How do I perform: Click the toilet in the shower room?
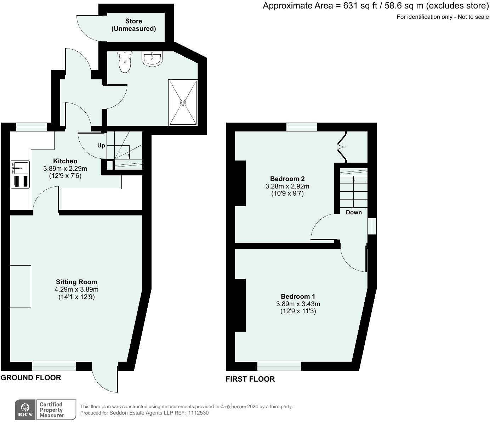[125, 62]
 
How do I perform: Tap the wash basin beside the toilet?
[152, 59]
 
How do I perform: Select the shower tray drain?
[183, 103]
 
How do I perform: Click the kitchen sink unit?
[21, 174]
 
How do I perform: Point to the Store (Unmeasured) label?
[133, 25]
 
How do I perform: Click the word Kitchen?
[65, 161]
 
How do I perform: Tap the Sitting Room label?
[76, 282]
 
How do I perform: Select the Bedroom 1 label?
[298, 297]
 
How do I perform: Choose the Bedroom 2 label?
[287, 179]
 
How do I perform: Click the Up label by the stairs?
[101, 146]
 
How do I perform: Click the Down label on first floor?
[354, 212]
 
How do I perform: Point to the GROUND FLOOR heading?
[31, 378]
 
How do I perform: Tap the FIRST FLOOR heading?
[250, 379]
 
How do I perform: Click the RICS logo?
[25, 410]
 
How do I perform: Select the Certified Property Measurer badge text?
[52, 410]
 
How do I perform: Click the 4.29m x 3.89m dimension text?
[76, 289]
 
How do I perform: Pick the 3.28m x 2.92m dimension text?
[287, 186]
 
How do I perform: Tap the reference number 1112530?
[198, 413]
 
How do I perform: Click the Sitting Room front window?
[54, 366]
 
